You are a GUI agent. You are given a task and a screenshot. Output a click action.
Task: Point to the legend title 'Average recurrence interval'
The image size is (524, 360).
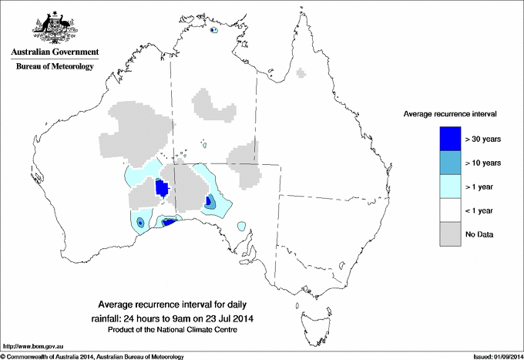click(x=450, y=113)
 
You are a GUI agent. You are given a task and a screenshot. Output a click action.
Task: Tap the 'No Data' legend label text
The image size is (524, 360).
click(x=479, y=234)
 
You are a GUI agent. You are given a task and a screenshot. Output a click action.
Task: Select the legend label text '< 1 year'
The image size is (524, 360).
click(x=480, y=210)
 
